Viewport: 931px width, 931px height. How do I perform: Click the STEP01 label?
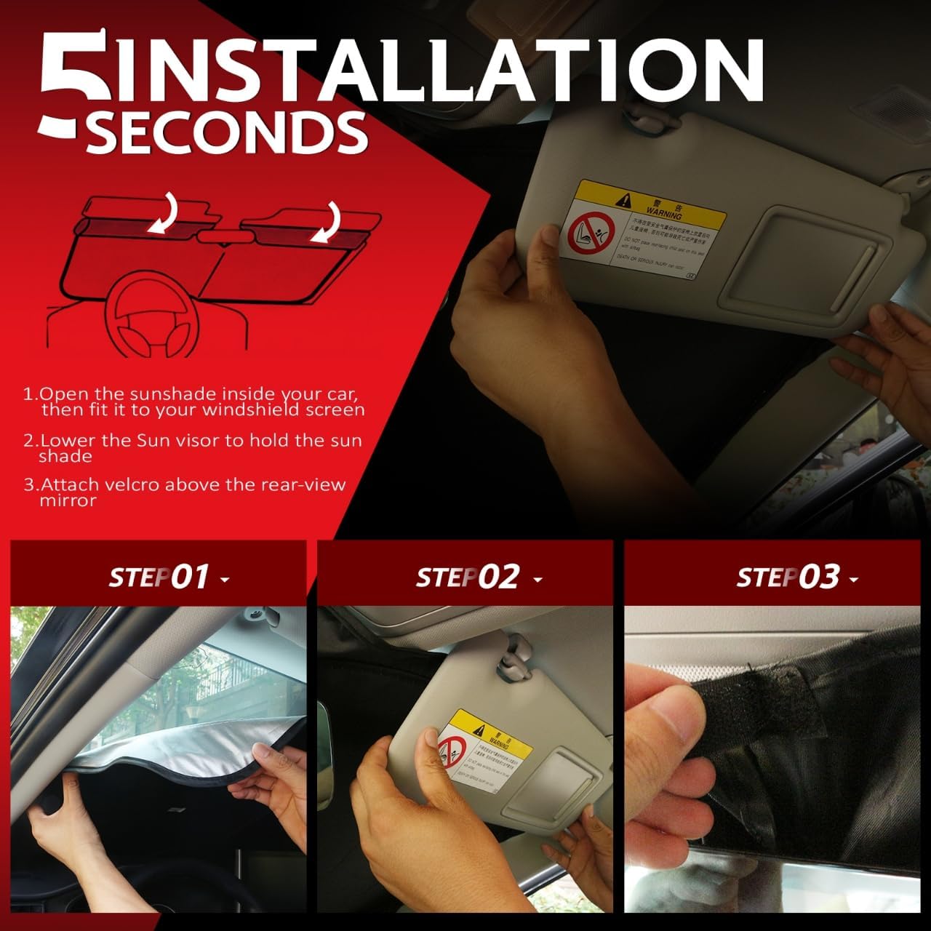click(x=160, y=578)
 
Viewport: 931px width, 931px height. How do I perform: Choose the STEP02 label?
click(x=468, y=578)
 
